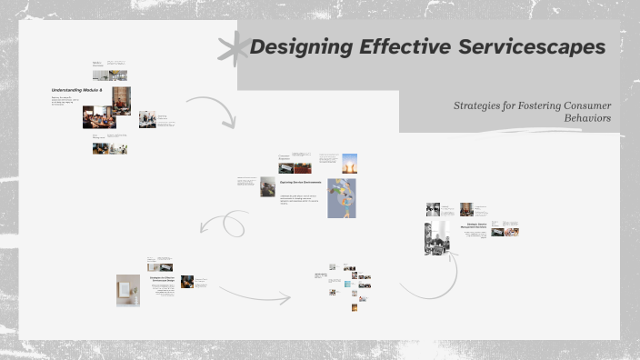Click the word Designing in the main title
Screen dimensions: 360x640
coord(295,47)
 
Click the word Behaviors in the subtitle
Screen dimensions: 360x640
coord(587,118)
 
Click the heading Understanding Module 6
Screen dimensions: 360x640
coord(76,92)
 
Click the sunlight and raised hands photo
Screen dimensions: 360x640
coord(350,163)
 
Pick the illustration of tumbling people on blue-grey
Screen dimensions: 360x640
coord(343,197)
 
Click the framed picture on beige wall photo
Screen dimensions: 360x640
coord(128,290)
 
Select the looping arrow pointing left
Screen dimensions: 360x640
coord(224,223)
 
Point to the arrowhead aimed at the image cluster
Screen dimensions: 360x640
coord(287,296)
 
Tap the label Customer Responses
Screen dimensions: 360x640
coord(285,157)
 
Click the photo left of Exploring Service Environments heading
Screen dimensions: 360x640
coord(268,186)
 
